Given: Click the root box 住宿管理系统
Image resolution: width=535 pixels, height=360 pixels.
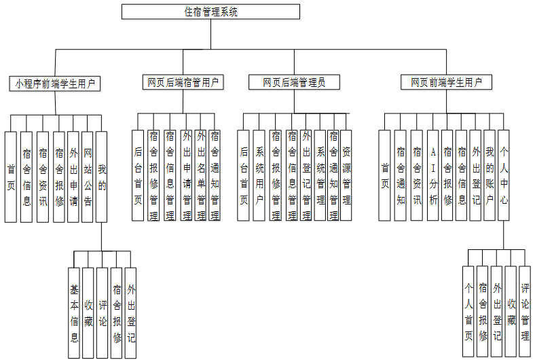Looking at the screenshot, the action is coord(210,12).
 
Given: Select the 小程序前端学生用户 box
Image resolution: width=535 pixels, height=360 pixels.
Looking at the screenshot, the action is coord(55,84).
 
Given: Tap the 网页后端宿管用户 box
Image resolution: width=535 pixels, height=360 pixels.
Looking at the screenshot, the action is coord(183,82).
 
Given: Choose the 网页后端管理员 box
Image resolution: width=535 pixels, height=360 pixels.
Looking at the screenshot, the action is coord(294,82).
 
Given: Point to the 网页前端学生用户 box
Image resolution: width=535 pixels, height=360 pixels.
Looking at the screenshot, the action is coord(446,82).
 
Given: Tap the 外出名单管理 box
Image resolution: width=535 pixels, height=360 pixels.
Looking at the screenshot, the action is coord(200,175).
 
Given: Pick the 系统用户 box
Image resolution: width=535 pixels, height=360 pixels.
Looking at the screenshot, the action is coord(259,175).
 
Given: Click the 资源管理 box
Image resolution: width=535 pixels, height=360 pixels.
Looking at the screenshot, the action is coord(346,175).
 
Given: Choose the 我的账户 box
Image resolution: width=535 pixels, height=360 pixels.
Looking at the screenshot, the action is coord(490,175).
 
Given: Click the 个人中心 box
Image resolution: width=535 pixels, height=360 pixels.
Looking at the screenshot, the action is coord(504,175).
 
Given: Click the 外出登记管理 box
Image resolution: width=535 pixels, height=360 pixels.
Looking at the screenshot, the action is coord(306,175).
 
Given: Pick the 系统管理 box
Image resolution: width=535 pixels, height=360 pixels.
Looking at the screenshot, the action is coord(320,175).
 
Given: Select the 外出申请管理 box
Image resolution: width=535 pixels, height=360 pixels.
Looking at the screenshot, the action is coord(186,175).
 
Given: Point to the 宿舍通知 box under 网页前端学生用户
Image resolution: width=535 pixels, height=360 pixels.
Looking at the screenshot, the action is coord(401,175).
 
